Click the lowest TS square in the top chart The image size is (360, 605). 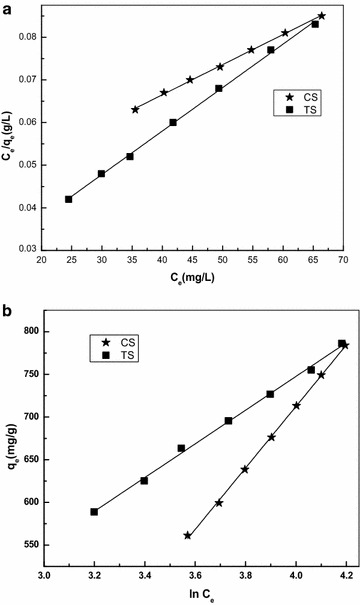(69, 199)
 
